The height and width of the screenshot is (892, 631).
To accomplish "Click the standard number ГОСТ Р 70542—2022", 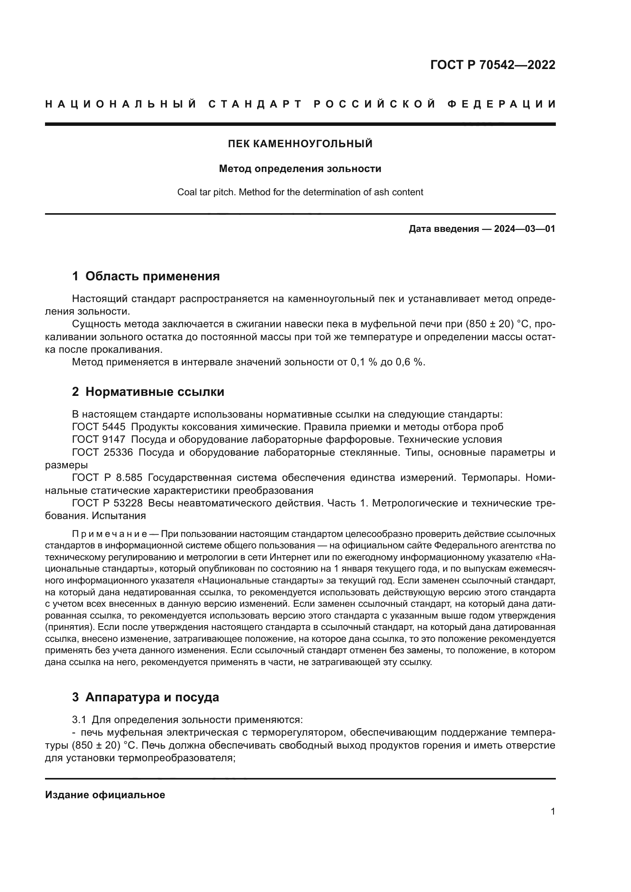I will click(x=492, y=65).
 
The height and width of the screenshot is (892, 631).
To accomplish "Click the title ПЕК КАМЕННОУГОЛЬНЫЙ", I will click(x=300, y=144).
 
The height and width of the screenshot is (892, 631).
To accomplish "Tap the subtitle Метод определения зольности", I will click(x=300, y=169).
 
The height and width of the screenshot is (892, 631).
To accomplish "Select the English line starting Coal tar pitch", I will click(x=300, y=192).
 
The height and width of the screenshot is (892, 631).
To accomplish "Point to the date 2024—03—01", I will click(x=525, y=229).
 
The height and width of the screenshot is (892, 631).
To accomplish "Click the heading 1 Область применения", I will click(x=146, y=276).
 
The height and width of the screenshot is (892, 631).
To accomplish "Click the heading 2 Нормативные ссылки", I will click(x=148, y=392).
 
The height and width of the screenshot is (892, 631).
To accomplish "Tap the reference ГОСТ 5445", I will click(x=99, y=427).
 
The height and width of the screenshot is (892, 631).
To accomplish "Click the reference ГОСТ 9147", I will click(x=99, y=440).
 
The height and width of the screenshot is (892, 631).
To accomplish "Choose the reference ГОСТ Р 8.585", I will click(x=107, y=478).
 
